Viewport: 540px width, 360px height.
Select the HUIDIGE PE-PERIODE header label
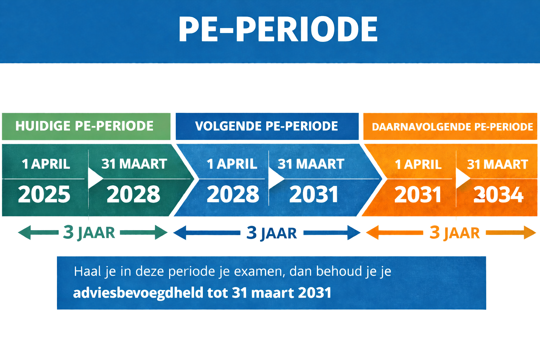point(84,126)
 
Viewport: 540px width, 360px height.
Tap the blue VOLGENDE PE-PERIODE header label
point(266,126)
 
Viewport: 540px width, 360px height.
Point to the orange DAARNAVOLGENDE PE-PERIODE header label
point(452,127)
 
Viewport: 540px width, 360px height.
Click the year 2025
point(44,194)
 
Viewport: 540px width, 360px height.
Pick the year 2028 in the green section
point(133,194)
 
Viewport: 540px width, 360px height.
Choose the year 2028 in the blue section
point(233,194)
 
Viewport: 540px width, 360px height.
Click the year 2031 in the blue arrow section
point(314,194)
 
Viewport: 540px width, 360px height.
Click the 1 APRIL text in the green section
point(46,164)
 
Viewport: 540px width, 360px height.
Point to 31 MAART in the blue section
point(311,164)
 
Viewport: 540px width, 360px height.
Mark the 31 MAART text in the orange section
point(497,164)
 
